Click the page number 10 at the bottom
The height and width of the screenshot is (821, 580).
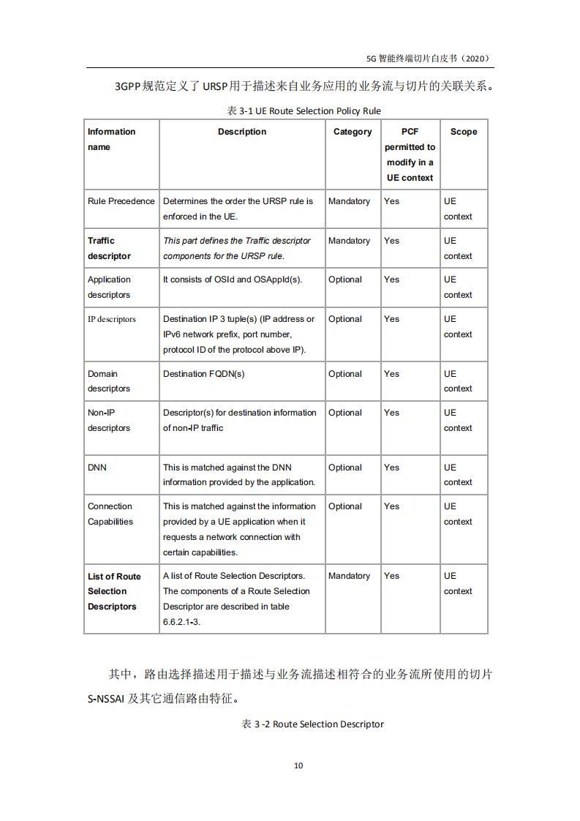pyautogui.click(x=298, y=765)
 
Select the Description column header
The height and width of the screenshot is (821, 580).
pyautogui.click(x=242, y=132)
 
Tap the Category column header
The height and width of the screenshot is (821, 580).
pyautogui.click(x=353, y=132)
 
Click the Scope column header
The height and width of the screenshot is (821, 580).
pyautogui.click(x=464, y=132)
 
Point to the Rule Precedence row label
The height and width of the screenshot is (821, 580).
pyautogui.click(x=121, y=201)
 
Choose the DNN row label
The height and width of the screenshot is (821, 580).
pyautogui.click(x=97, y=468)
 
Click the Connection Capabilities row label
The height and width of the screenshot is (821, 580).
pyautogui.click(x=110, y=514)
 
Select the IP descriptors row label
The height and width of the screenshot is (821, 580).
pyautogui.click(x=112, y=319)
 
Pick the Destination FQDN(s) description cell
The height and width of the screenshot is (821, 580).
pyautogui.click(x=204, y=374)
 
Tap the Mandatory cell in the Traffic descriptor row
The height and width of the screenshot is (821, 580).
pyautogui.click(x=349, y=241)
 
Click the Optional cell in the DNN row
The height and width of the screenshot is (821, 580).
pyautogui.click(x=345, y=468)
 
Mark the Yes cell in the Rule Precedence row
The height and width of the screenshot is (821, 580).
pyautogui.click(x=392, y=201)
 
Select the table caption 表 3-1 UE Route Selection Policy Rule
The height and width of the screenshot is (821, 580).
pyautogui.click(x=304, y=110)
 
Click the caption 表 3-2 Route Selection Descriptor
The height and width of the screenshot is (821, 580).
pyautogui.click(x=313, y=724)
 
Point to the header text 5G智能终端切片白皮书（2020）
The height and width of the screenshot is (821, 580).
pyautogui.click(x=428, y=59)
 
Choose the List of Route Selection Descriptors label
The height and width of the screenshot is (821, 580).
pyautogui.click(x=113, y=591)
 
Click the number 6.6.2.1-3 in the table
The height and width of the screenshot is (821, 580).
pyautogui.click(x=181, y=622)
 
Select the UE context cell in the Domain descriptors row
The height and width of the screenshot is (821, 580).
pyautogui.click(x=458, y=381)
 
